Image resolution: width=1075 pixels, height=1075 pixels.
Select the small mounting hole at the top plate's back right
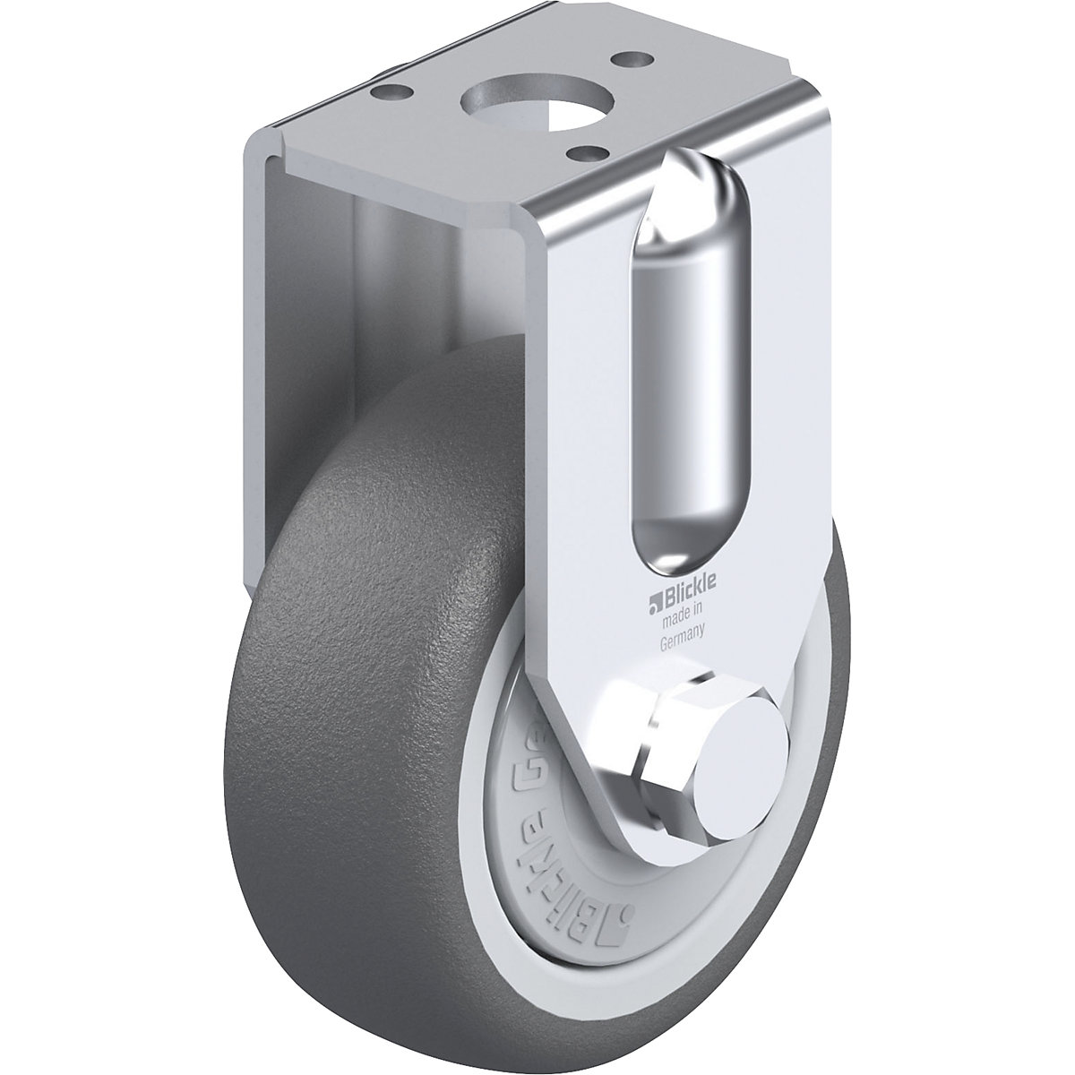click(x=625, y=63)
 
